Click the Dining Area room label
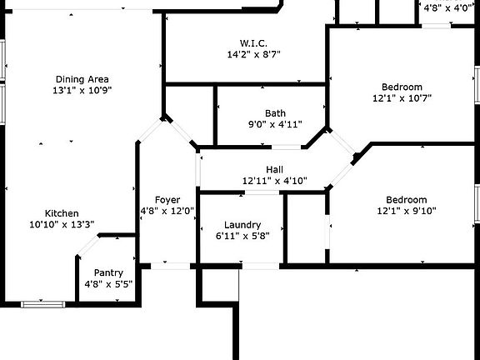(82, 79)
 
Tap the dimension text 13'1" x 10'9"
(82, 90)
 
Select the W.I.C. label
(253, 43)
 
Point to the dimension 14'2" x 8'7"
(254, 54)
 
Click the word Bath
(275, 113)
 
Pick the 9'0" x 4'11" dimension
(275, 124)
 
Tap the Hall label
(275, 170)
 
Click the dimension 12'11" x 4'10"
(275, 181)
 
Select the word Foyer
(167, 200)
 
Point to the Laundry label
(242, 225)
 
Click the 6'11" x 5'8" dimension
(242, 236)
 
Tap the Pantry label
(108, 272)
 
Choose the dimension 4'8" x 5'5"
(108, 284)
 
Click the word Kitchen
(62, 213)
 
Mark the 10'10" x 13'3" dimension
(62, 224)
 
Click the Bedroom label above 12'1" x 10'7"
(402, 87)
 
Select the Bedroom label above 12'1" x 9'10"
(407, 200)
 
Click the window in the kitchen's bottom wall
(42, 304)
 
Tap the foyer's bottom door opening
(171, 266)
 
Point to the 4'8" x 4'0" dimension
(447, 8)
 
